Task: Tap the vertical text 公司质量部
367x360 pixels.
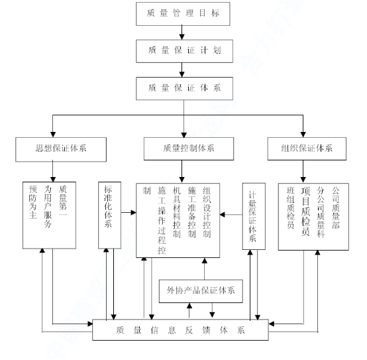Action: [x=335, y=208]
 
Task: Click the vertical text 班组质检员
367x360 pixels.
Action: [x=290, y=208]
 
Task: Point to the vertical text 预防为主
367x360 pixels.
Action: [x=32, y=202]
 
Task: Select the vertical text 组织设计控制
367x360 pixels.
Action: [x=207, y=212]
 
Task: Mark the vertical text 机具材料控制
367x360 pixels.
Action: [x=177, y=212]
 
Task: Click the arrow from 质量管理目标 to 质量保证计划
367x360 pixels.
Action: [x=182, y=32]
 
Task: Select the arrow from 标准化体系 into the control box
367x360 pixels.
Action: [x=129, y=212]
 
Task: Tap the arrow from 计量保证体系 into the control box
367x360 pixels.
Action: [x=231, y=215]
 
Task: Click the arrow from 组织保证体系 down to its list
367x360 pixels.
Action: [x=303, y=172]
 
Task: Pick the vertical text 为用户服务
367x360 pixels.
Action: [x=48, y=207]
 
